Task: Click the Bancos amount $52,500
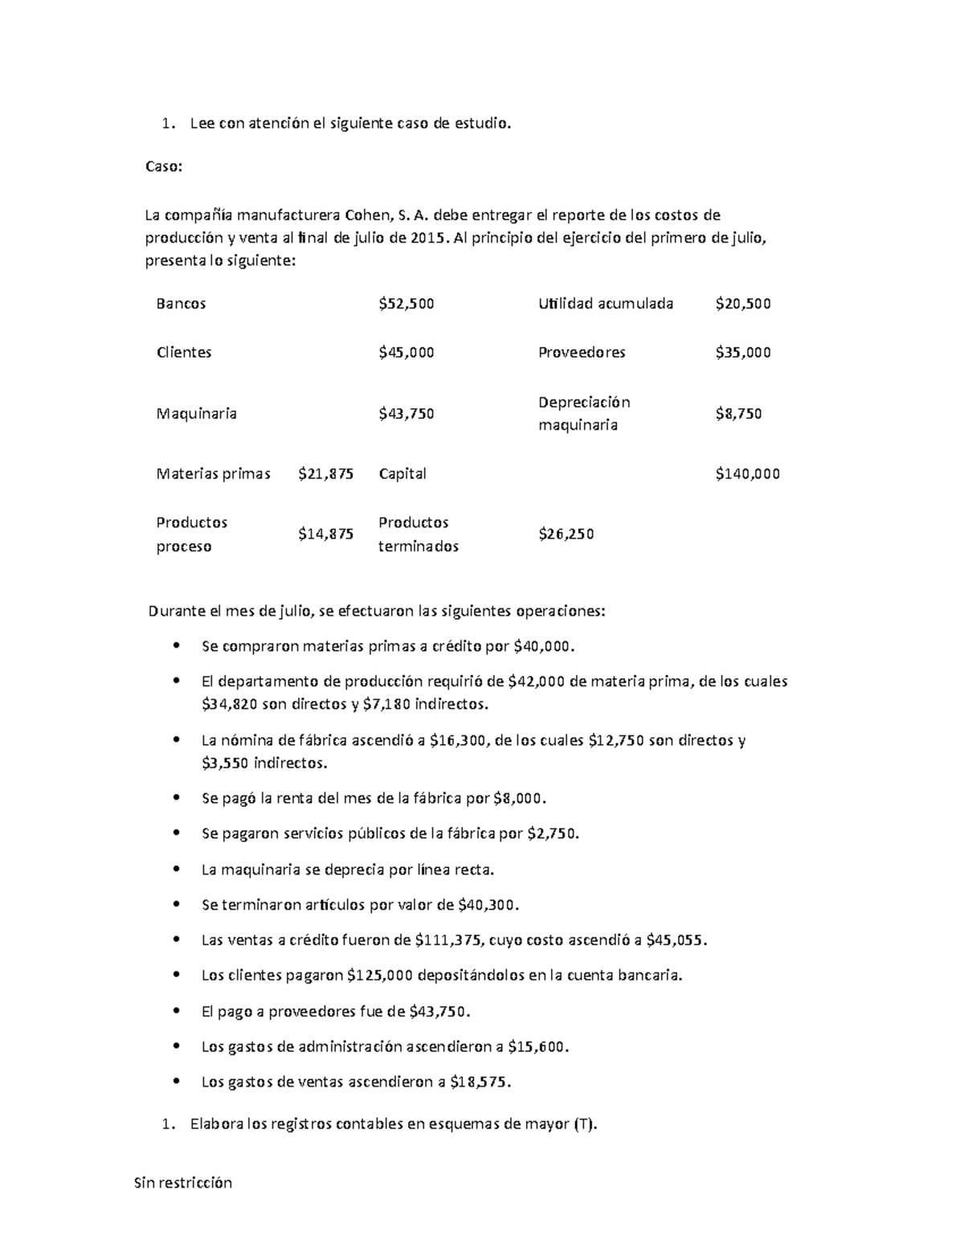coord(406,304)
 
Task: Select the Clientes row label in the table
coord(184,352)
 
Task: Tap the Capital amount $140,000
coord(747,474)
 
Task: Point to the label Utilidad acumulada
coord(606,304)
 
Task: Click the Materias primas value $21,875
coord(325,474)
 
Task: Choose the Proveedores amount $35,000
coord(743,352)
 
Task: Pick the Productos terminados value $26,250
coord(566,534)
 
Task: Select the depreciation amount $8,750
coord(738,414)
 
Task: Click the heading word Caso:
coord(164,167)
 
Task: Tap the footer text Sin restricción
coord(182,1182)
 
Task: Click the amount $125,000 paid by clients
coord(380,976)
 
